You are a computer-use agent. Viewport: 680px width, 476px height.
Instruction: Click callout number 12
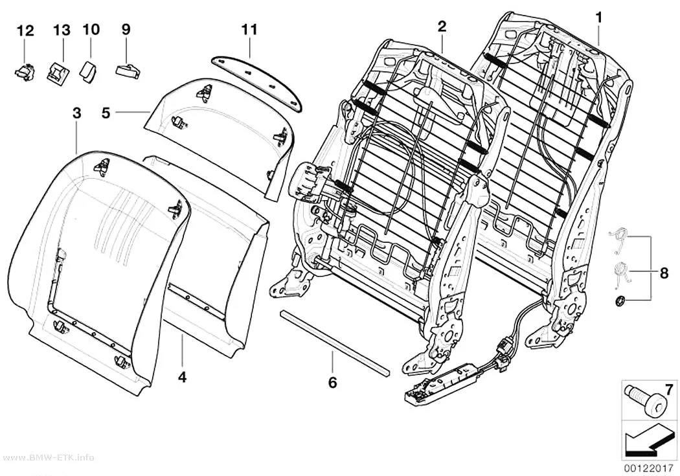pyautogui.click(x=25, y=31)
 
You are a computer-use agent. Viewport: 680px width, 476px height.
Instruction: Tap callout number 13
pyautogui.click(x=62, y=30)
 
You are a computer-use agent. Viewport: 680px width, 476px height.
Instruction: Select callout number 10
pyautogui.click(x=91, y=30)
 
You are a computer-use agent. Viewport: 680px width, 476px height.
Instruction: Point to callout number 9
pyautogui.click(x=126, y=30)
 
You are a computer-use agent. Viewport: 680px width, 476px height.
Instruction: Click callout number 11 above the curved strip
pyautogui.click(x=249, y=30)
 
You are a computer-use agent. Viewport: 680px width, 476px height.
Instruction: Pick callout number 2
pyautogui.click(x=442, y=27)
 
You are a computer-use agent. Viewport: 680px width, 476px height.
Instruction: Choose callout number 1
pyautogui.click(x=599, y=18)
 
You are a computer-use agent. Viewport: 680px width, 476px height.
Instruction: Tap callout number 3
pyautogui.click(x=77, y=113)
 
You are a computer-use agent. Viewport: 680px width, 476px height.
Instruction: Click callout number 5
pyautogui.click(x=106, y=113)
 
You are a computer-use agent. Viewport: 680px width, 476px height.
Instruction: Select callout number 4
pyautogui.click(x=183, y=377)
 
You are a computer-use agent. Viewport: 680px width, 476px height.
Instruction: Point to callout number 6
pyautogui.click(x=332, y=382)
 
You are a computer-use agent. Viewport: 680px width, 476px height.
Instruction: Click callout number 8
pyautogui.click(x=664, y=273)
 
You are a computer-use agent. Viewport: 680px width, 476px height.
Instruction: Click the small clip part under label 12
pyautogui.click(x=25, y=71)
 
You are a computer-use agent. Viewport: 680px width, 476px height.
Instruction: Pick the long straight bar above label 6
pyautogui.click(x=335, y=343)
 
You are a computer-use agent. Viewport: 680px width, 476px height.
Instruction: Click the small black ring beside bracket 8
pyautogui.click(x=620, y=300)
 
